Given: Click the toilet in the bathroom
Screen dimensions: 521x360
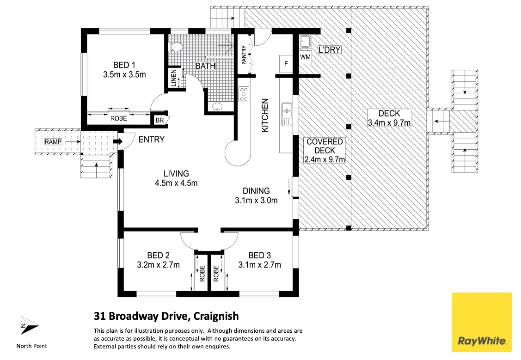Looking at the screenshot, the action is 176,48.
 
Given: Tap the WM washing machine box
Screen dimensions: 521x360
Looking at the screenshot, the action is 306,57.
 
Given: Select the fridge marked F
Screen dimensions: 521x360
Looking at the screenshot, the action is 286,63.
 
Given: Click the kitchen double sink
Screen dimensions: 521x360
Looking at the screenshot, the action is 287,114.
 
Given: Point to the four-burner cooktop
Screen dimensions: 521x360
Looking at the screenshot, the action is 244,94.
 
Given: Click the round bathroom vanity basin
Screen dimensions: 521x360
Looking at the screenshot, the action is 217,107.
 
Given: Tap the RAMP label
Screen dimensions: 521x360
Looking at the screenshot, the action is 53,142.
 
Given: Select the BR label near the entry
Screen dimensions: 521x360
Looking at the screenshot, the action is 159,120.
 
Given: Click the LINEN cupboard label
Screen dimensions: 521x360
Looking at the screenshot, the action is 173,78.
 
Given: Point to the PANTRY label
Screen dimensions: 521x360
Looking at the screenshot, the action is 244,55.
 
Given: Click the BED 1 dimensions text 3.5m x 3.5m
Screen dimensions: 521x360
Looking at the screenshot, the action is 124,74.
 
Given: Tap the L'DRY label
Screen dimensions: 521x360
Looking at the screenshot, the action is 329,50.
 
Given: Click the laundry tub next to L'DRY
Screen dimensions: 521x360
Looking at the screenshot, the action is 306,42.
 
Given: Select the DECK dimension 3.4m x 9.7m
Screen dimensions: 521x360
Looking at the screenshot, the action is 389,123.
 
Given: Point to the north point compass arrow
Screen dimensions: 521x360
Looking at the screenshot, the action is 29,325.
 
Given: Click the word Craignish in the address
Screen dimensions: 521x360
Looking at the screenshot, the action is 216,316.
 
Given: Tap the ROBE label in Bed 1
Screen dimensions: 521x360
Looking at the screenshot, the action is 119,118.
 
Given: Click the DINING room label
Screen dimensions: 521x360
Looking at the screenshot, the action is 256,191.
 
